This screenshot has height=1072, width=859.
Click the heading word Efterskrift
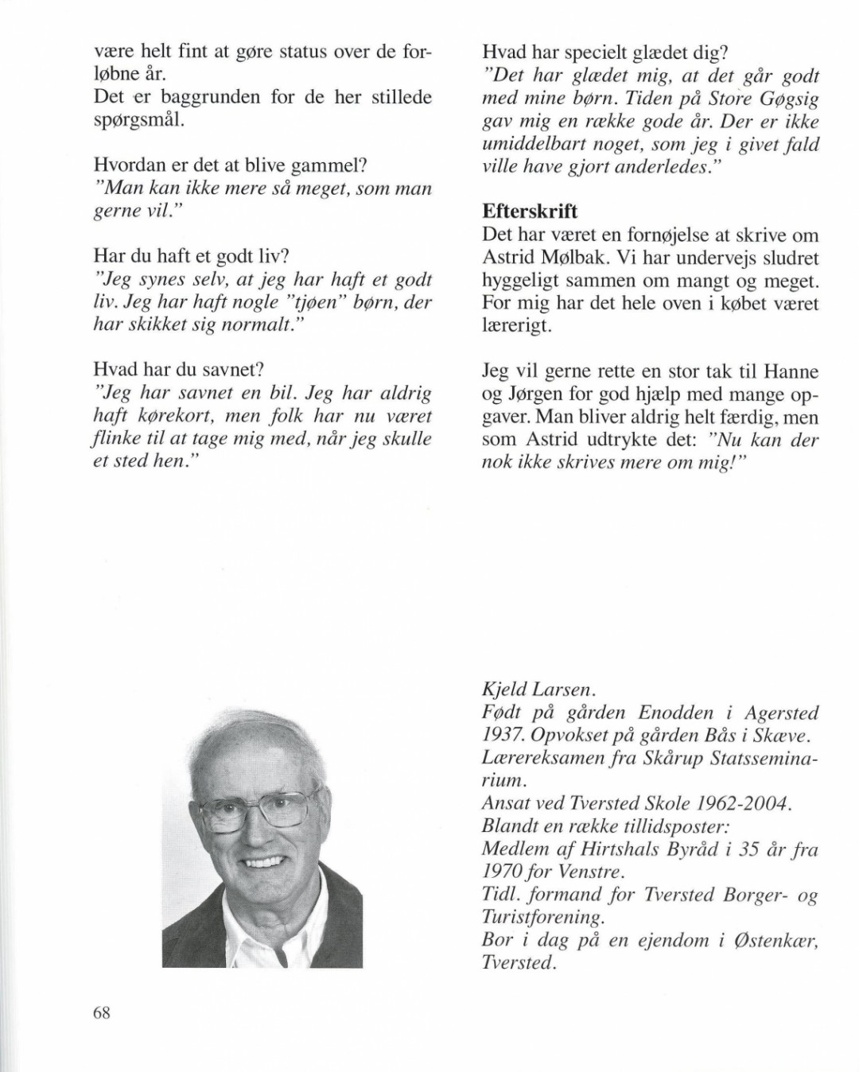530,212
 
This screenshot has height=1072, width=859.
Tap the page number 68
102,1012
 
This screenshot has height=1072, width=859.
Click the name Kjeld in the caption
502,690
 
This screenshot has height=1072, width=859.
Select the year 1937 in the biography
501,736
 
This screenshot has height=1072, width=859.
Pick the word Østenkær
775,941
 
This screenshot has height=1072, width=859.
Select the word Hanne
791,371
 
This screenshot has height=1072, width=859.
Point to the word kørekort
176,417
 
